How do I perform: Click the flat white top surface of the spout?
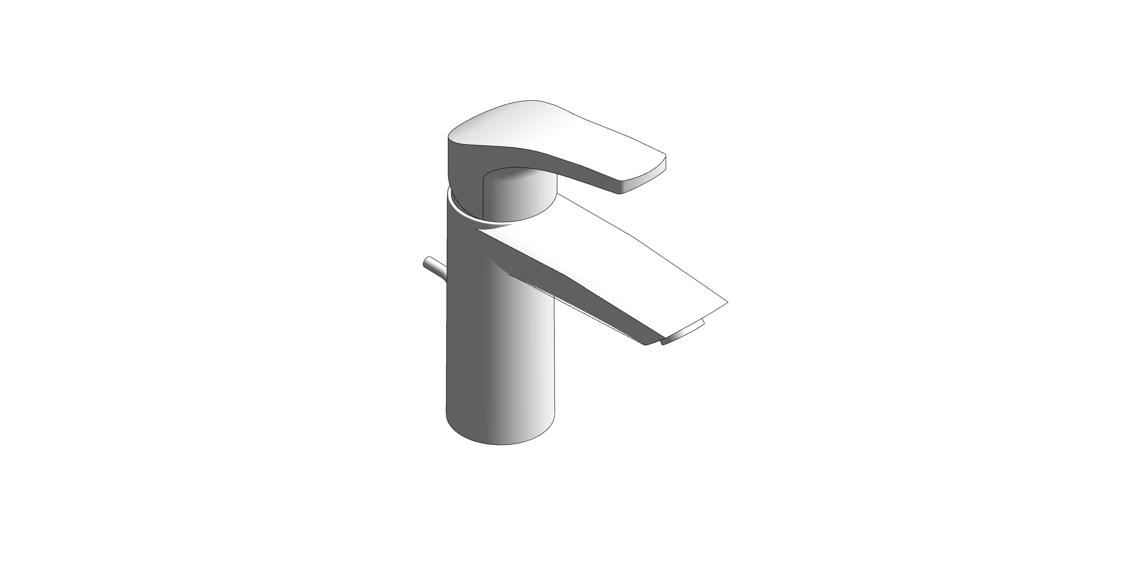(x=606, y=259)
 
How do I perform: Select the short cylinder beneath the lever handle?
(x=520, y=198)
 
